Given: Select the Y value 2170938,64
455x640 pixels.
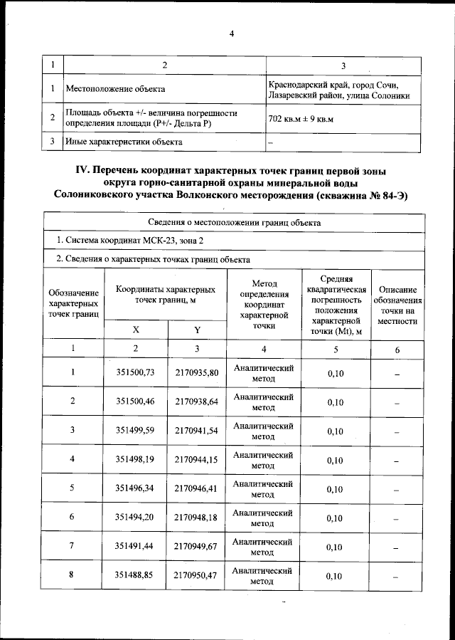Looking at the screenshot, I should click(196, 402).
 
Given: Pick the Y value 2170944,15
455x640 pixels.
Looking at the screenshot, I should click(196, 459).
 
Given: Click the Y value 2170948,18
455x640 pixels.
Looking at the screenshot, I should click(196, 517).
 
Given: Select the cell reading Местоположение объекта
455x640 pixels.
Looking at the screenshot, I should click(115, 89).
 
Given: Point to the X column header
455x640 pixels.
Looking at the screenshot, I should click(136, 330).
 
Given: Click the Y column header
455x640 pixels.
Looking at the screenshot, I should click(197, 330).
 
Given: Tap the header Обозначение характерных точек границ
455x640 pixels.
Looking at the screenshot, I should click(73, 304).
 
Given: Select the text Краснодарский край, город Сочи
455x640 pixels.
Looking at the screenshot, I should click(338, 85).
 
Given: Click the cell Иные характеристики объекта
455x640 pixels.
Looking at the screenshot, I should click(124, 142).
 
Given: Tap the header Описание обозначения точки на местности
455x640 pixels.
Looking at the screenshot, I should click(397, 305).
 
